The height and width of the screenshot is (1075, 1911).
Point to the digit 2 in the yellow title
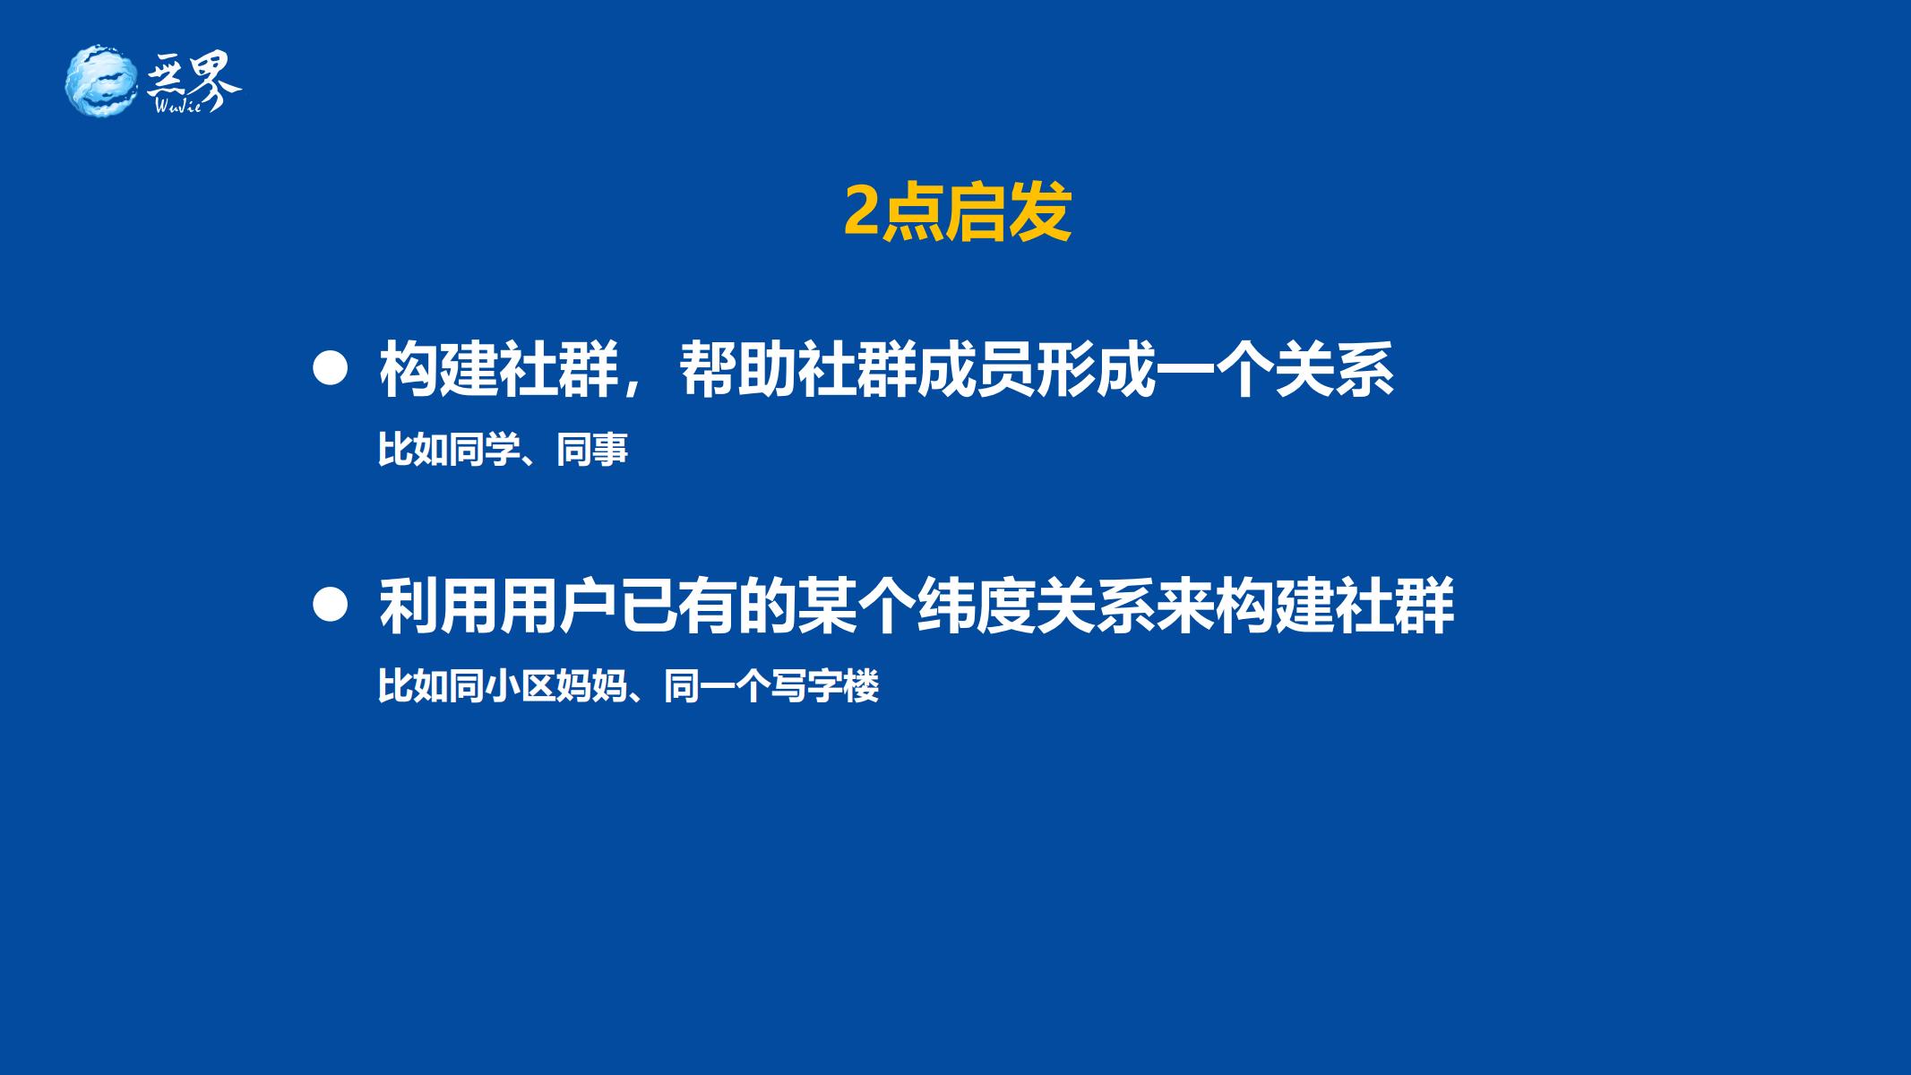point(861,213)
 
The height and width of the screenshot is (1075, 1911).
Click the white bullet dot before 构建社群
point(330,369)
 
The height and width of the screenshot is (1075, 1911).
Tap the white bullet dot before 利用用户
point(330,606)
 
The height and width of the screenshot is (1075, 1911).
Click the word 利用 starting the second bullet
point(439,606)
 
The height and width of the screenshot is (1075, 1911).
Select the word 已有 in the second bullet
point(678,606)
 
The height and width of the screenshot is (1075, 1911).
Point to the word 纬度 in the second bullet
point(977,606)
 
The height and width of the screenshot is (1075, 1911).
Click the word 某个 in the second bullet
point(857,606)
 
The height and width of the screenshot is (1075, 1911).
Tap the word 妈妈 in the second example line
point(592,687)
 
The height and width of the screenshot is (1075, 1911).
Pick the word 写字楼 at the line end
point(825,687)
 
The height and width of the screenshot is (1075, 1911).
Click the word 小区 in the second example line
point(521,687)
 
